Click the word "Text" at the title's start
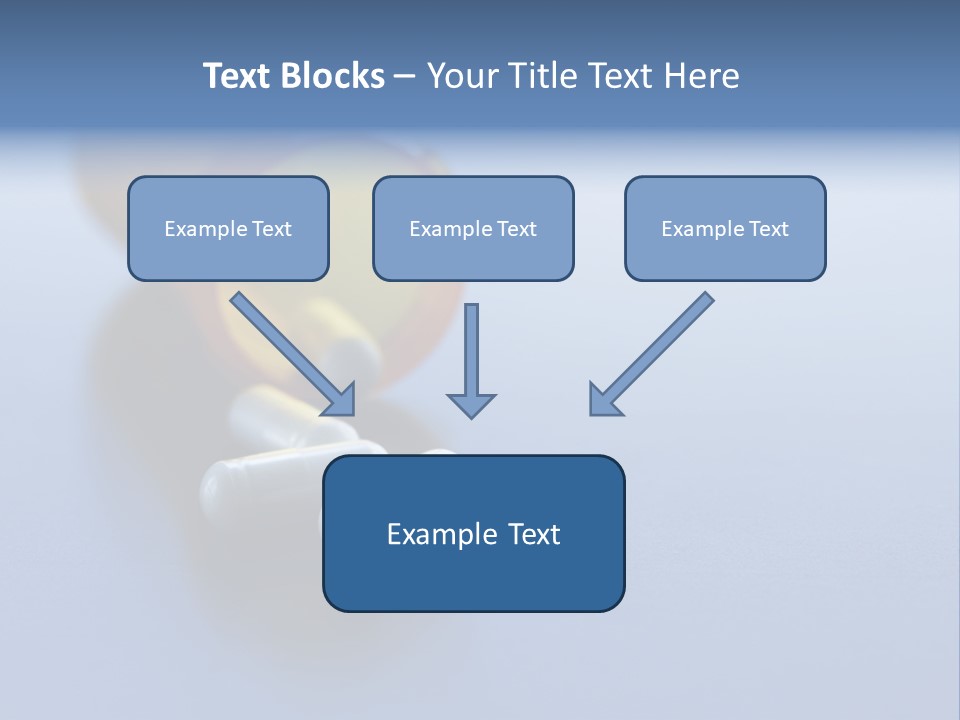[235, 76]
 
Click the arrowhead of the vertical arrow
[471, 405]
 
